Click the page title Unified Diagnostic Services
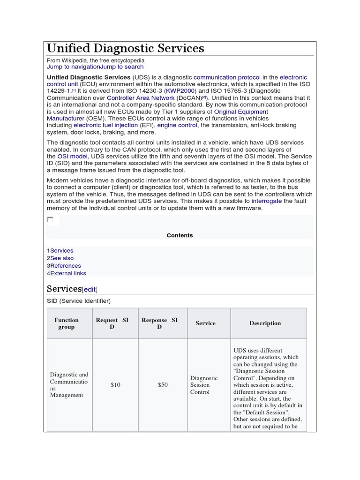click(x=125, y=48)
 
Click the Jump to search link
click(x=122, y=67)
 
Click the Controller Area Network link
click(x=141, y=98)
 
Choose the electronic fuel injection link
click(x=105, y=126)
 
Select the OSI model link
click(x=72, y=156)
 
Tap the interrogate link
click(x=267, y=201)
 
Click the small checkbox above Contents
click(x=50, y=219)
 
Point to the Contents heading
click(x=180, y=235)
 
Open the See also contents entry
click(x=62, y=258)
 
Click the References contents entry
click(x=66, y=266)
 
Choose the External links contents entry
click(x=68, y=273)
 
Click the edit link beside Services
click(x=90, y=290)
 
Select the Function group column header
click(x=67, y=323)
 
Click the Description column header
click(x=265, y=323)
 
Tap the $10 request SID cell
click(x=115, y=385)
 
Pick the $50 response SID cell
click(x=163, y=385)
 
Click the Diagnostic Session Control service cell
click(x=204, y=385)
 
